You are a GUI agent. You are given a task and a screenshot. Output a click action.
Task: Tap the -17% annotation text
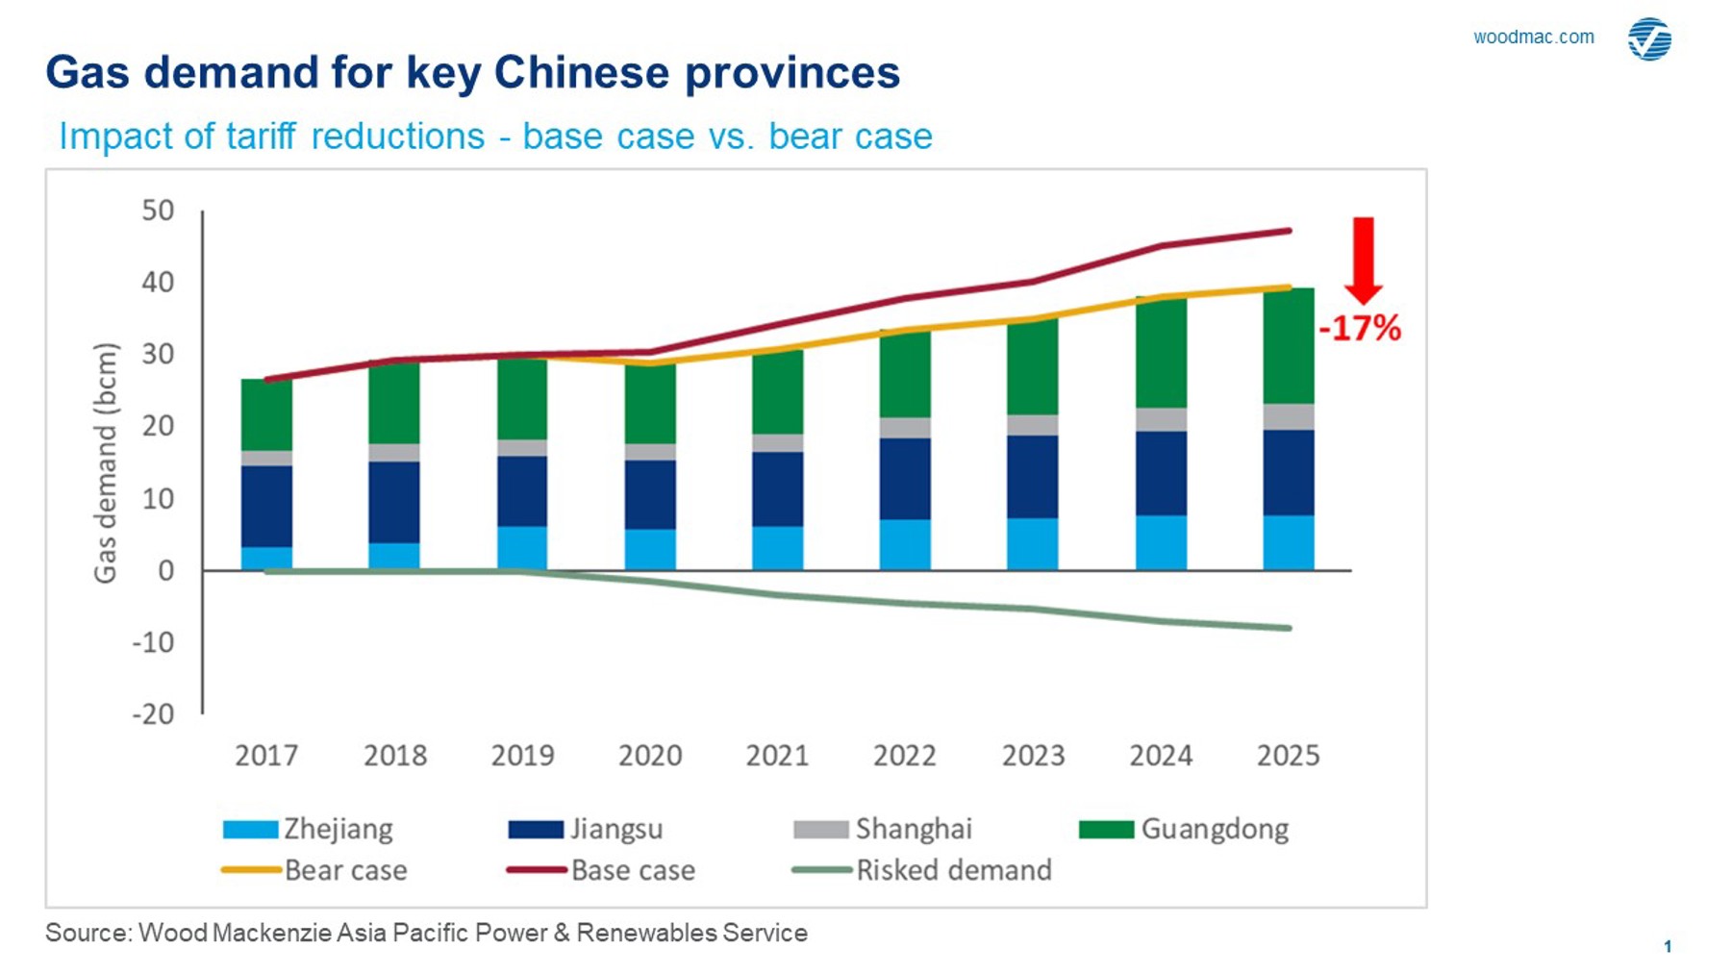(x=1360, y=329)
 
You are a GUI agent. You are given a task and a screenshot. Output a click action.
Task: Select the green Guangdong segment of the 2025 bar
(x=1288, y=346)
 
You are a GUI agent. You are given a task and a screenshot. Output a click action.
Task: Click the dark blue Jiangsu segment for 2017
(x=266, y=507)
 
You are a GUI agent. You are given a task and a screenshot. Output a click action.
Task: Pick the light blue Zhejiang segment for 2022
(x=905, y=545)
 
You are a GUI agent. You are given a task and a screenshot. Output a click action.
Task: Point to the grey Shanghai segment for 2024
(x=1161, y=419)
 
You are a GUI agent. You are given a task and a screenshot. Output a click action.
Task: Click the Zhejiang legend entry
(x=308, y=829)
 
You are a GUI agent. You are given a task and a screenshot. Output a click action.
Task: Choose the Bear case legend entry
(x=314, y=870)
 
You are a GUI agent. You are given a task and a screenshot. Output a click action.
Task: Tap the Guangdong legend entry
(x=1184, y=829)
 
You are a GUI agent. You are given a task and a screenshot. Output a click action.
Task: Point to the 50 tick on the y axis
(x=158, y=211)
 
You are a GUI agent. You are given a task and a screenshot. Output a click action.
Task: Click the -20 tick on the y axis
(x=153, y=714)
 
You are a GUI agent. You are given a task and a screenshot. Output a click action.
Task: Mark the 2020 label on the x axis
(x=650, y=756)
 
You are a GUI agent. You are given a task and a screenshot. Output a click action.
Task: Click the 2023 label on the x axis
(x=1033, y=756)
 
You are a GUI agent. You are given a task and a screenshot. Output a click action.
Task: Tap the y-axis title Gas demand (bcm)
(x=105, y=462)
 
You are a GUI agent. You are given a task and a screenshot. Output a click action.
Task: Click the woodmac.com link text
(x=1533, y=37)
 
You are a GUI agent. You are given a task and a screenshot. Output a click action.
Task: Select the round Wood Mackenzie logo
(x=1649, y=39)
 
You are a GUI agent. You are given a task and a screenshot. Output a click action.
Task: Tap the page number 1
(x=1668, y=947)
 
